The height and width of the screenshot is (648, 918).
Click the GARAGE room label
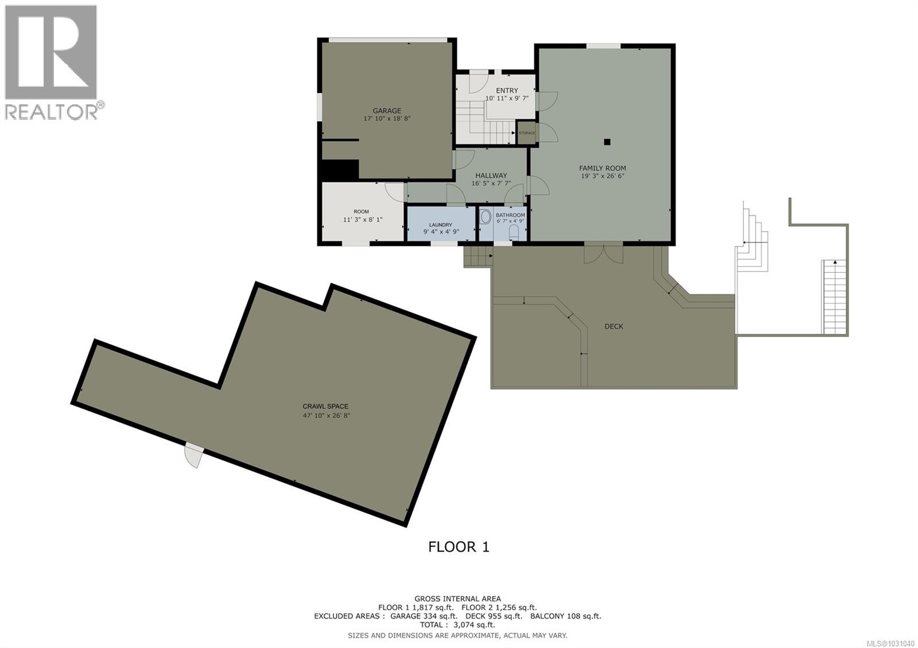coord(387,111)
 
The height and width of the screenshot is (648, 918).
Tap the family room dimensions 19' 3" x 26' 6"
coord(602,176)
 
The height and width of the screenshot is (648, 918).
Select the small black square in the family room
coord(607,142)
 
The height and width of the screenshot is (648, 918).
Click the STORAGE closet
coord(527,133)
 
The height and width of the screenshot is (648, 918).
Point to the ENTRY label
coord(507,91)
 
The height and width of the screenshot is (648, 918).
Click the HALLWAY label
coord(491,175)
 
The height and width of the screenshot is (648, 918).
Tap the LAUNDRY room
coord(441,225)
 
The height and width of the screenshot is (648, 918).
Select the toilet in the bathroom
coord(514,232)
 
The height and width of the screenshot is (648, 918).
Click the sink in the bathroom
coord(485,217)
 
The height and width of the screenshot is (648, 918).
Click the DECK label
coord(613,326)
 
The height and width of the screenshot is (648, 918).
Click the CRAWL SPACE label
coord(326,406)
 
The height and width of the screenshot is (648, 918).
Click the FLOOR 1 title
coord(458,546)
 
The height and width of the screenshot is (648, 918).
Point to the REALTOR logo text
coord(52,111)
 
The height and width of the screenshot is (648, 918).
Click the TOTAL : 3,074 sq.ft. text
coord(457,624)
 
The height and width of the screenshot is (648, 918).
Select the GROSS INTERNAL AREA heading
coord(457,599)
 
